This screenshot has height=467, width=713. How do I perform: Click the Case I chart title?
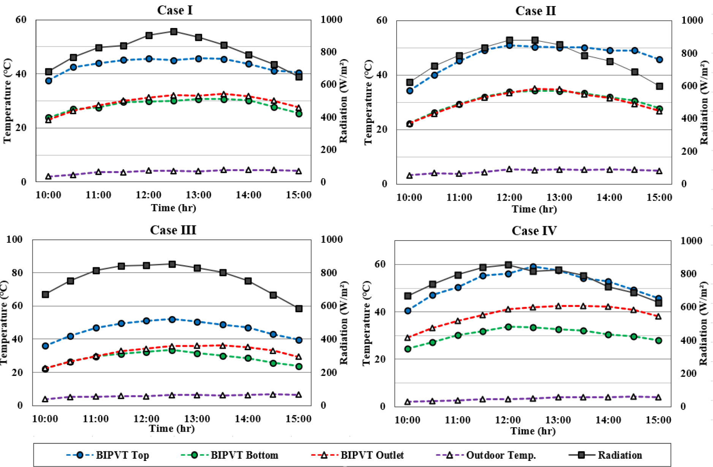(175, 10)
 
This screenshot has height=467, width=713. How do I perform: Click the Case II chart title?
(535, 11)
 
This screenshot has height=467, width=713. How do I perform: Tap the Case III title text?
(173, 230)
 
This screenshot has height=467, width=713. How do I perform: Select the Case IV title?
(534, 231)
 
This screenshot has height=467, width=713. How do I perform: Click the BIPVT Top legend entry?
(108, 455)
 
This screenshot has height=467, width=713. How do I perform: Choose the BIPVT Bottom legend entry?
(229, 455)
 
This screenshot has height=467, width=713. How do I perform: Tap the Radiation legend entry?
(605, 455)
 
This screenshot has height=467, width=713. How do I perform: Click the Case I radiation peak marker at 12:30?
(174, 31)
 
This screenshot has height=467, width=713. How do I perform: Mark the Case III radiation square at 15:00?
(299, 309)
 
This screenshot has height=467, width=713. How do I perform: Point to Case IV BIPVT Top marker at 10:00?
(408, 311)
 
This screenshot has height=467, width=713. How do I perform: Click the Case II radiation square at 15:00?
(660, 86)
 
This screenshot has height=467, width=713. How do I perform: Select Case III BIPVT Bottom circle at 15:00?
(299, 366)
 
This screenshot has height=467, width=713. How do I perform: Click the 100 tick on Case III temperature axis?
(14, 239)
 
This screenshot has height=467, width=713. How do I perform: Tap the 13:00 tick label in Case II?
(559, 197)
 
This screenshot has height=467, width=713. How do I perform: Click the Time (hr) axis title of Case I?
(173, 208)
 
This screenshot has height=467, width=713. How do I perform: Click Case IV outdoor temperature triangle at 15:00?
(658, 397)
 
